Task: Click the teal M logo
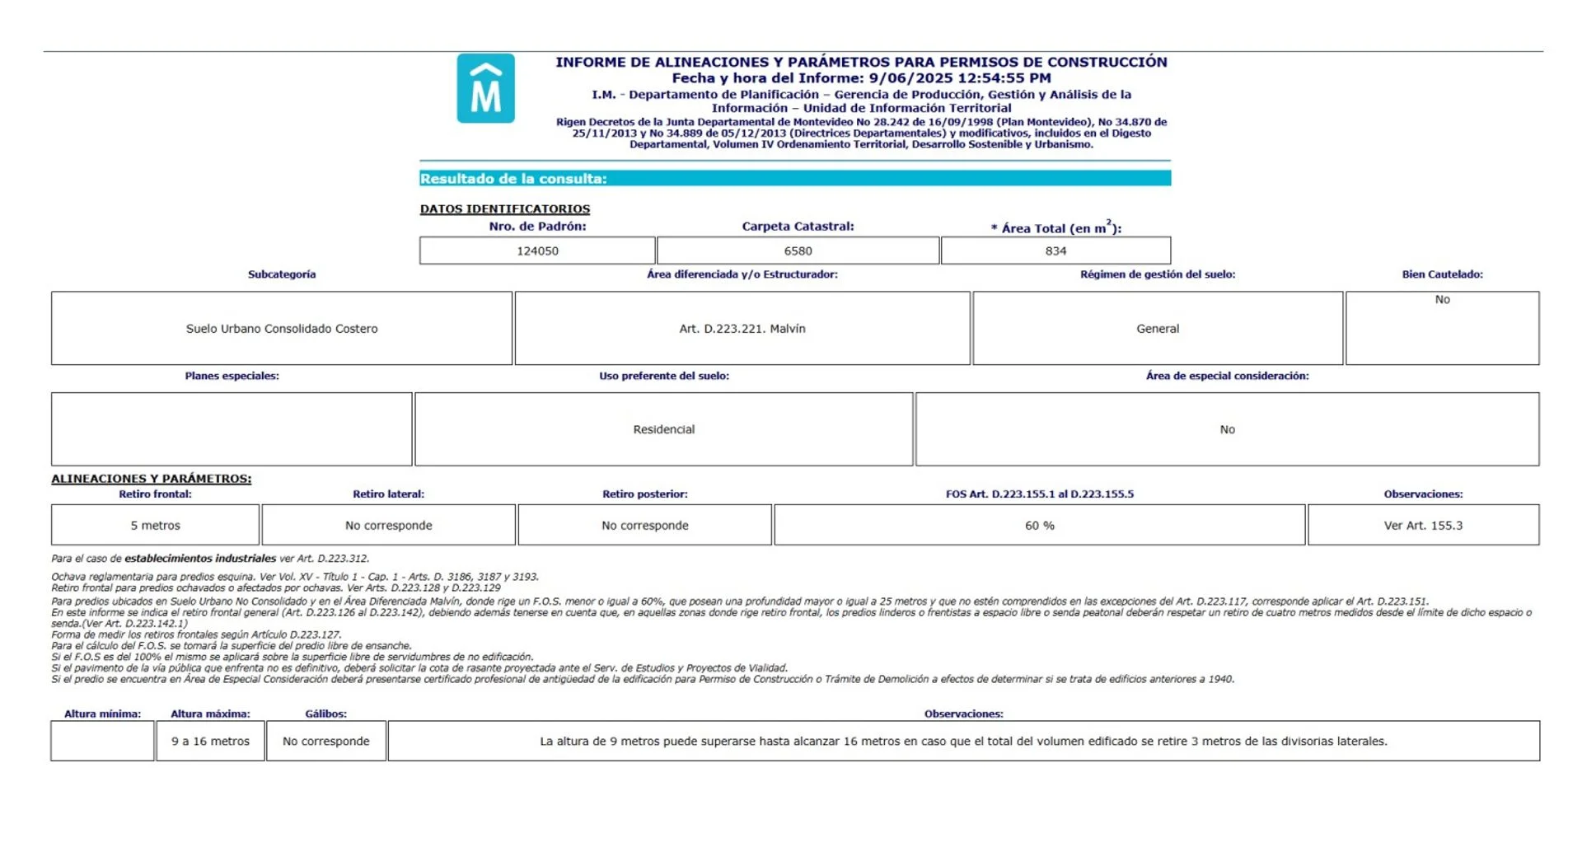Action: (x=485, y=89)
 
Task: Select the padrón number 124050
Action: (x=537, y=251)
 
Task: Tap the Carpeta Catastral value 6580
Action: (x=798, y=251)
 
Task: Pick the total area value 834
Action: (x=1055, y=251)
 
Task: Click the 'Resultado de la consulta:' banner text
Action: (x=513, y=179)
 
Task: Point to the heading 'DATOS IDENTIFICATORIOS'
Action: (x=504, y=209)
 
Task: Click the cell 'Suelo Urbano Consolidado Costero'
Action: (x=282, y=329)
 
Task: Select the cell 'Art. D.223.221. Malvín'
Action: (x=742, y=329)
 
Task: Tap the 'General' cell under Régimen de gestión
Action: (x=1158, y=329)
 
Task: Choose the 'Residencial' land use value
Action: (x=664, y=429)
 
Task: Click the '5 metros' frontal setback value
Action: (x=155, y=526)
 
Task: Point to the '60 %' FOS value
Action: (x=1040, y=526)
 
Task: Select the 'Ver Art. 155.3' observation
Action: (x=1423, y=526)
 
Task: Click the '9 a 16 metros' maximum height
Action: (x=210, y=742)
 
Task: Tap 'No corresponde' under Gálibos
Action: (x=326, y=742)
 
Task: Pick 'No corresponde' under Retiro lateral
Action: (x=389, y=526)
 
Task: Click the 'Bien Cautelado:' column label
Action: (x=1442, y=274)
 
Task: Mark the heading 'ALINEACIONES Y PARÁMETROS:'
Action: (x=152, y=479)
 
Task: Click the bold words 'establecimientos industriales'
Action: (x=200, y=559)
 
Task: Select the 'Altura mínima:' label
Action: (x=102, y=714)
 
